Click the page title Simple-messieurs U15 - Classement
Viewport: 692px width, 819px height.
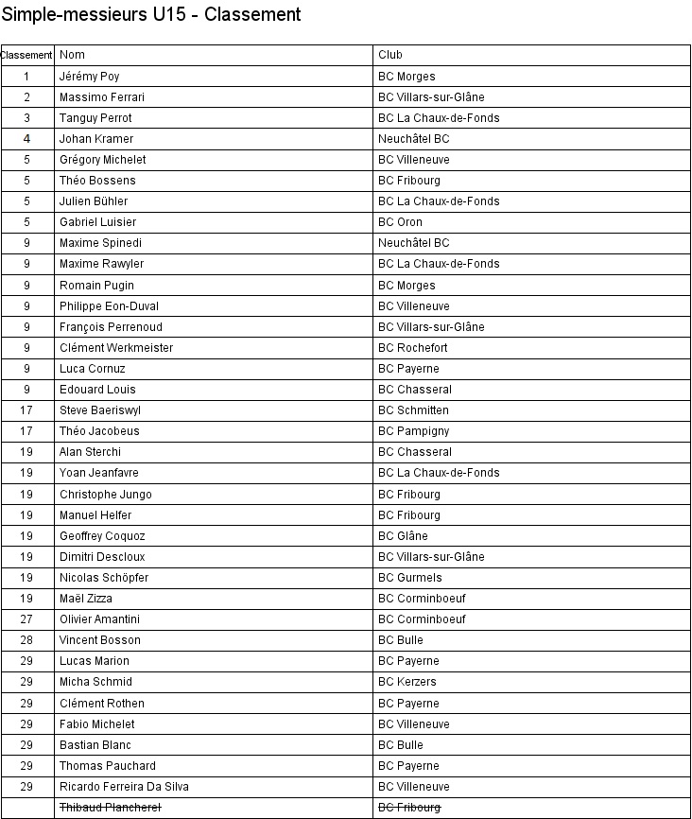pyautogui.click(x=151, y=14)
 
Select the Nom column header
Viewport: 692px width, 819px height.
pyautogui.click(x=72, y=55)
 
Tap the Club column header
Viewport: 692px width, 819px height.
pyautogui.click(x=389, y=55)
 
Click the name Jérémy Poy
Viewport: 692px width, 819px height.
pyautogui.click(x=89, y=76)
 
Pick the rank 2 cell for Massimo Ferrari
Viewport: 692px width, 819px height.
pyautogui.click(x=27, y=97)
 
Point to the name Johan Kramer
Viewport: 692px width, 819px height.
pyautogui.click(x=96, y=139)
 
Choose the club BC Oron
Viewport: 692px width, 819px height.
pyautogui.click(x=400, y=222)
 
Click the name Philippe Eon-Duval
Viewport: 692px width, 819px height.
pyautogui.click(x=109, y=306)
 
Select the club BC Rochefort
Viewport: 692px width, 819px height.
pyautogui.click(x=413, y=348)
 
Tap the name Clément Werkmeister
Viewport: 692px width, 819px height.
pyautogui.click(x=116, y=348)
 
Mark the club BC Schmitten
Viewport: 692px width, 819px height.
pyautogui.click(x=413, y=410)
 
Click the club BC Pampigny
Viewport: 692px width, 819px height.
pyautogui.click(x=415, y=431)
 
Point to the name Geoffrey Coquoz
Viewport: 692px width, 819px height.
pyautogui.click(x=102, y=536)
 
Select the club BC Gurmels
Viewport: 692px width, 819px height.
pyautogui.click(x=409, y=578)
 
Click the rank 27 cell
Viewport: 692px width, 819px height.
pyautogui.click(x=27, y=619)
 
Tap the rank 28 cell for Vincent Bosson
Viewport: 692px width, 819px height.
pyautogui.click(x=27, y=640)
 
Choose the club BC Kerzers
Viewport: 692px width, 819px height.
pyautogui.click(x=407, y=682)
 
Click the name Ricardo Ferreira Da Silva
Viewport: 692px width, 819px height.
pyautogui.click(x=124, y=787)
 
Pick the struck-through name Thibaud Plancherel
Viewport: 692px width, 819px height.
pyautogui.click(x=110, y=808)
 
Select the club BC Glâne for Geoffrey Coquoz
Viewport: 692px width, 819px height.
pyautogui.click(x=403, y=536)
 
